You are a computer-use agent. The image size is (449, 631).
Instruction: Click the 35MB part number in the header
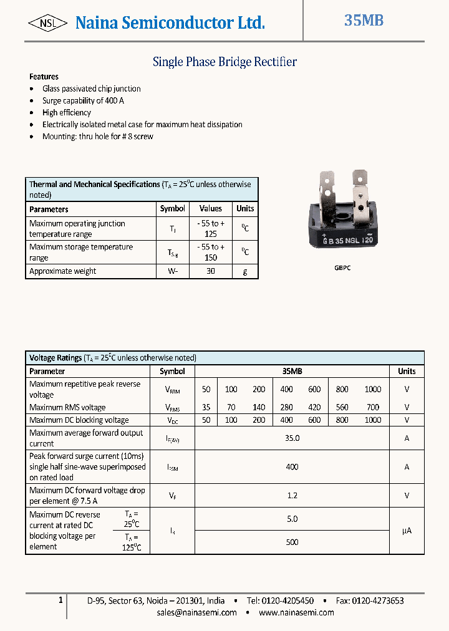point(364,21)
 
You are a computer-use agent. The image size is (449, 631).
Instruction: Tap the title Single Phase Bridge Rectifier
point(224,62)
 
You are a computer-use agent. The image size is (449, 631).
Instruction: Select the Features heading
point(44,77)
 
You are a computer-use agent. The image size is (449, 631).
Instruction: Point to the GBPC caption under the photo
point(342,267)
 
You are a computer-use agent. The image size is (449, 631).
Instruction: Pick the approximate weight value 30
point(211,271)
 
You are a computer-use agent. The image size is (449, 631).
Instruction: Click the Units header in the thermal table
point(245,209)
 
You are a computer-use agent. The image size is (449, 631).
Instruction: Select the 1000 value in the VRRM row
point(372,389)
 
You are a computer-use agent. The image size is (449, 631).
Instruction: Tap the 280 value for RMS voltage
point(286,407)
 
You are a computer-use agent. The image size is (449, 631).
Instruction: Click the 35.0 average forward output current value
point(292,438)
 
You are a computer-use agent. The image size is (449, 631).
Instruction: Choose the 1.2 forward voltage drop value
point(292,496)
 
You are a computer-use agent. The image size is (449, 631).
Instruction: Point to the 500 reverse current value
point(292,542)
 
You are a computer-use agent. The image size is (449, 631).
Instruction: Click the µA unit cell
point(407,531)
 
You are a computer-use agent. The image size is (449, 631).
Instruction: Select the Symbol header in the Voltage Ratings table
point(172,371)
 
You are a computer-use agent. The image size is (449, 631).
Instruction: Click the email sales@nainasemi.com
point(197,612)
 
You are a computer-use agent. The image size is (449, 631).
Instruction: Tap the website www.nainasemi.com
point(296,612)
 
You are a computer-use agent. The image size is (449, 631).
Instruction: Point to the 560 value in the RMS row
point(342,407)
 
